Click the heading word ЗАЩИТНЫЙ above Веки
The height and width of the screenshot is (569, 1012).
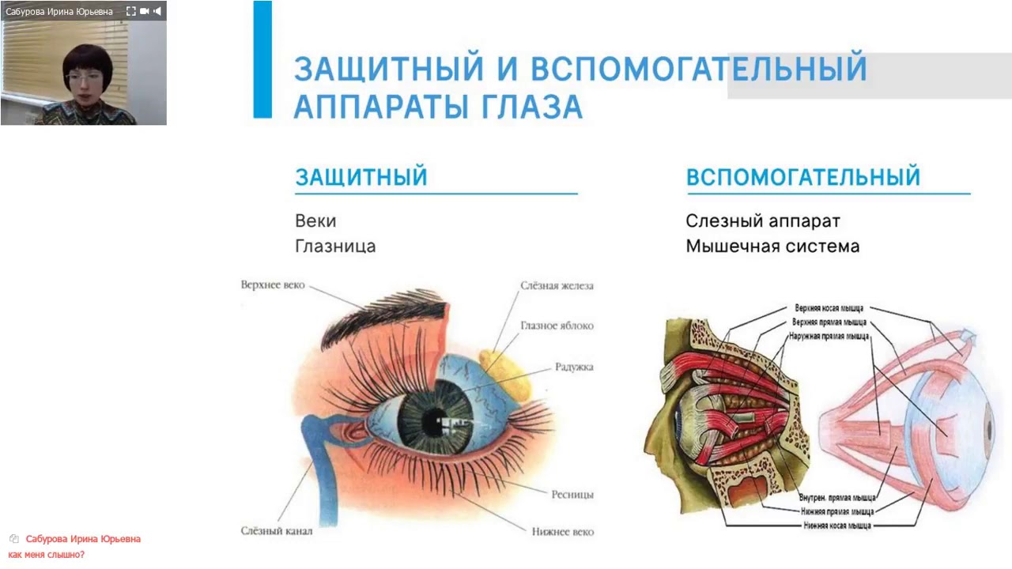[x=361, y=177]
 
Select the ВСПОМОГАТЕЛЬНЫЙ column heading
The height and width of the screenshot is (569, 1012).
[x=802, y=177]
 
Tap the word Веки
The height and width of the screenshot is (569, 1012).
[x=315, y=221]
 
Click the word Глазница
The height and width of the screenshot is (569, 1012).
[x=334, y=247]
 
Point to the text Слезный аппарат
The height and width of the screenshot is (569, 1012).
[x=762, y=221]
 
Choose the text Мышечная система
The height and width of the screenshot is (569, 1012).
[x=772, y=247]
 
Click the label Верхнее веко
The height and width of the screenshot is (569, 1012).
[x=272, y=284]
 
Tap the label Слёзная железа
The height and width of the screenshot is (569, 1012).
[x=557, y=285]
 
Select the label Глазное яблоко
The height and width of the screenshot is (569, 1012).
[x=557, y=326]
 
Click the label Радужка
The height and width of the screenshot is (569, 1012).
[x=574, y=367]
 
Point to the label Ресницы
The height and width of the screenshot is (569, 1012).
[x=572, y=495]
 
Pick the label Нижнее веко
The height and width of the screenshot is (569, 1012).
[x=562, y=532]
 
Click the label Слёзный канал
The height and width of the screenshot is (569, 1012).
[x=276, y=531]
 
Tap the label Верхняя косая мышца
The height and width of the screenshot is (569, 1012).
[x=828, y=308]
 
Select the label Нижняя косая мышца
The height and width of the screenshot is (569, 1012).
[x=836, y=525]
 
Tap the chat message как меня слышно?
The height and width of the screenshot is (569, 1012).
[x=46, y=555]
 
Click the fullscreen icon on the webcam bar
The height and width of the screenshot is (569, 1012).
[x=131, y=11]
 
